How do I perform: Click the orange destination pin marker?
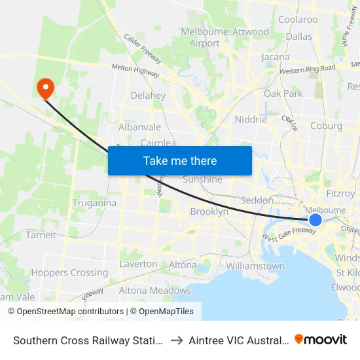46,88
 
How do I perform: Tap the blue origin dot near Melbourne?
315,220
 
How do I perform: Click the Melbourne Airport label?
205,37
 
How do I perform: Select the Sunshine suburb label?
202,179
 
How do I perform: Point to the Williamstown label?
255,266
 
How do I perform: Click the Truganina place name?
94,203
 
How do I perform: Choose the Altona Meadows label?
155,291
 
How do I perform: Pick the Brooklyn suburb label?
209,212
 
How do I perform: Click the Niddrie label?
251,120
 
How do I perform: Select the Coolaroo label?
298,20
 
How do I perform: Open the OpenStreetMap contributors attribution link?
66,312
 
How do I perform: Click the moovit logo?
321,340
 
